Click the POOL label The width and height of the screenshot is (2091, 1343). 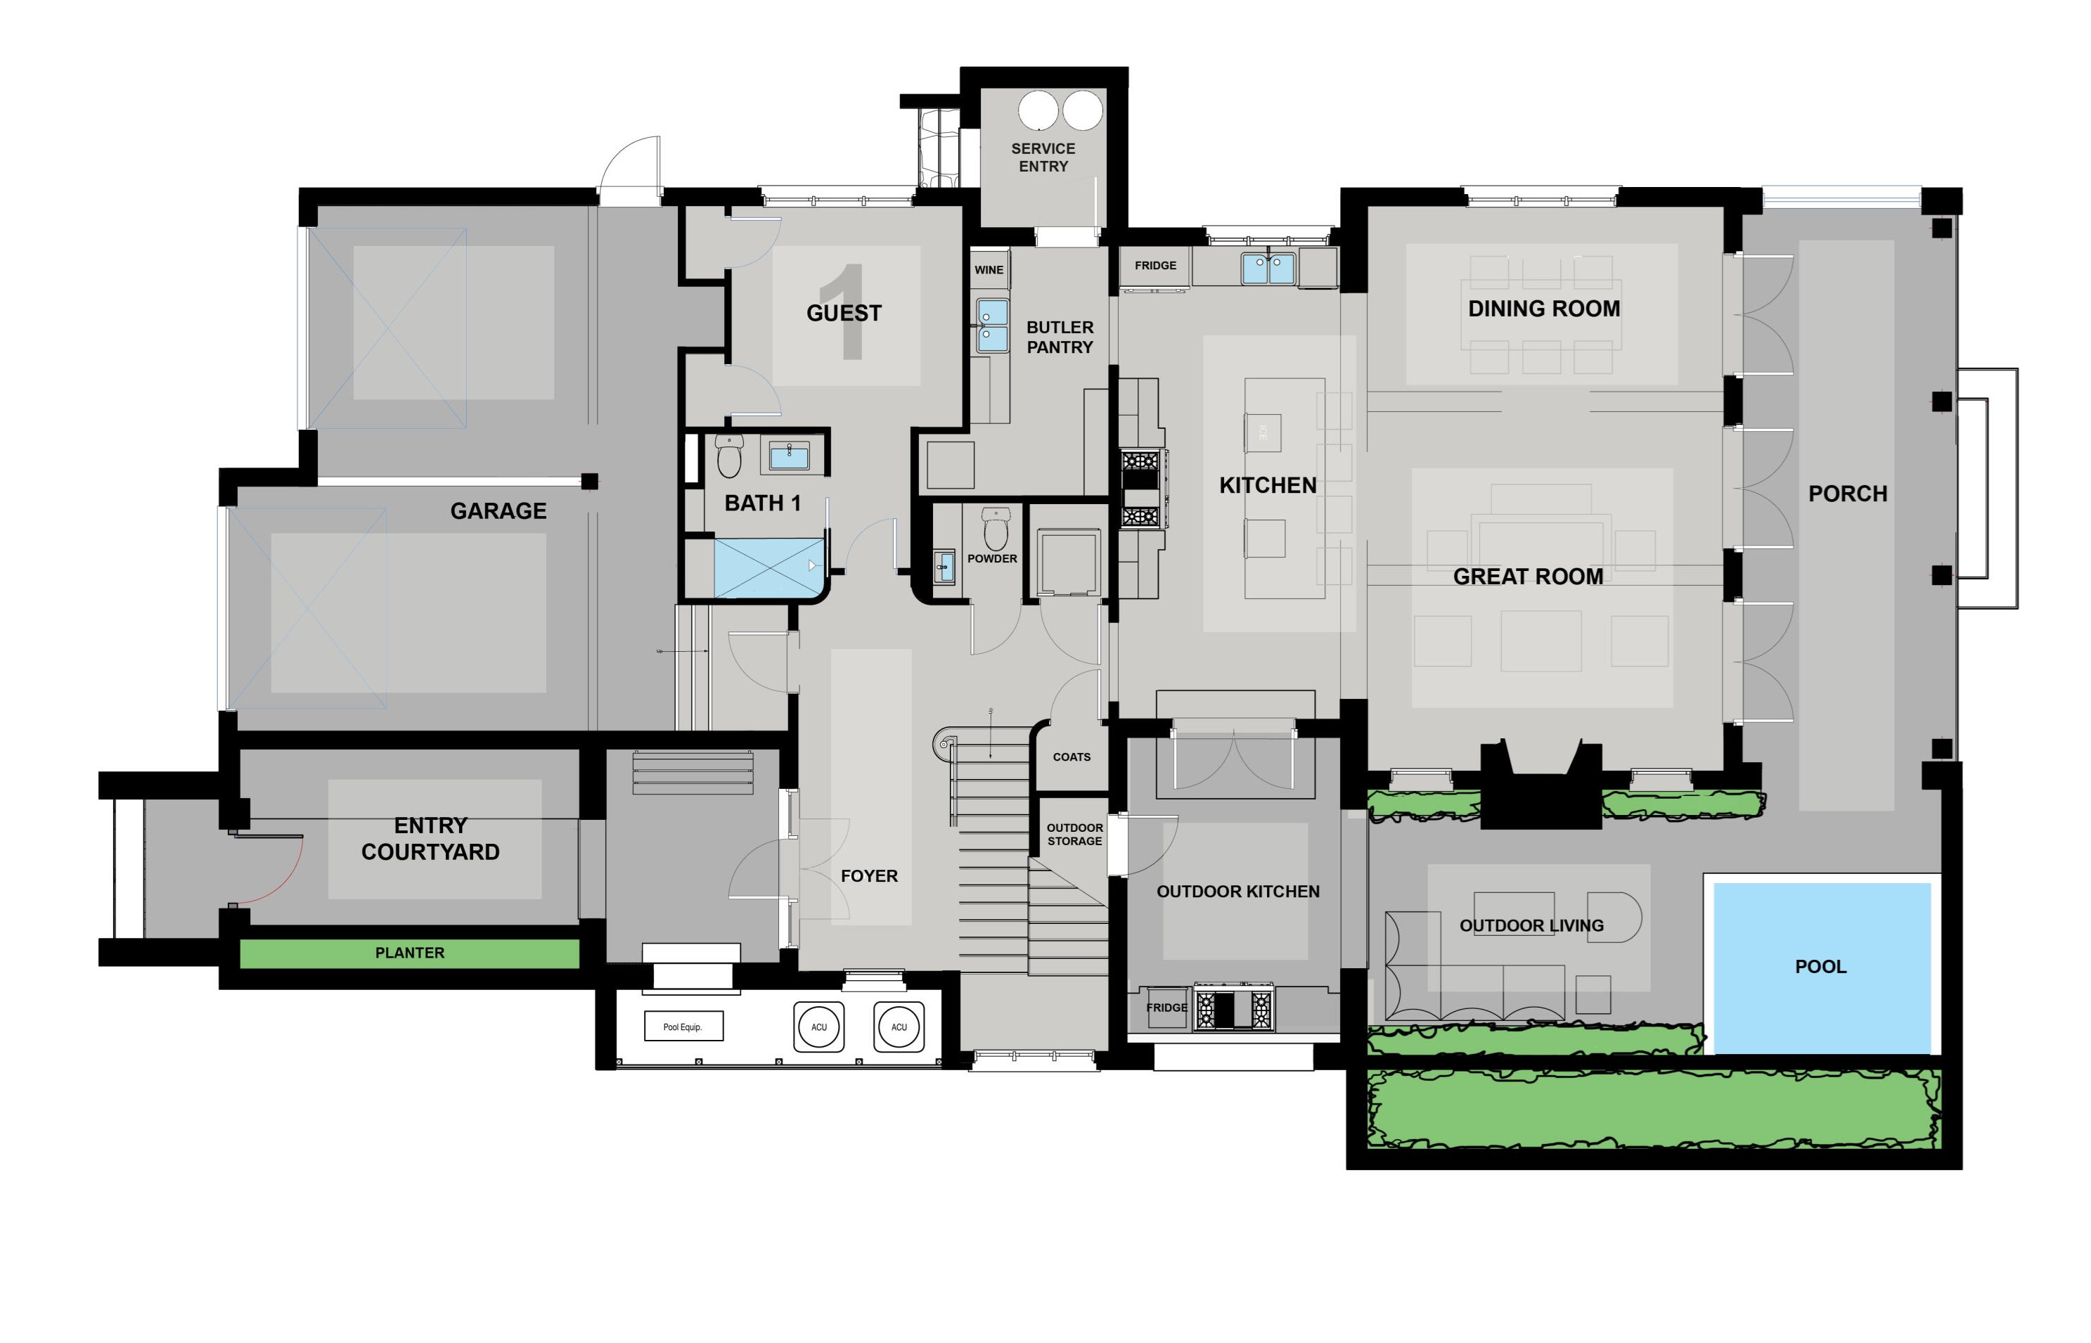pos(1820,966)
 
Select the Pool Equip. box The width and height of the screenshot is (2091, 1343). pos(683,1027)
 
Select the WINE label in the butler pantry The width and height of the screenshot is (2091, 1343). pos(988,270)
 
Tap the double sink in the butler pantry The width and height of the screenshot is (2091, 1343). pos(991,324)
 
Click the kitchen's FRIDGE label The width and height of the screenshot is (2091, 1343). pos(1154,265)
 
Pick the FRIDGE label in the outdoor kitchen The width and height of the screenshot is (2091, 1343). pos(1166,1007)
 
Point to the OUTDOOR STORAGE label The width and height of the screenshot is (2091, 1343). pos(1074,835)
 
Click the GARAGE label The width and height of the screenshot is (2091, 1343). pos(498,511)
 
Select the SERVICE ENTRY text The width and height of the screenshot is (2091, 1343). pos(1043,158)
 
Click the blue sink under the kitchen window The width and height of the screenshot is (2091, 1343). pos(1268,268)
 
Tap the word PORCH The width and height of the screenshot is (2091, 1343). pos(1847,494)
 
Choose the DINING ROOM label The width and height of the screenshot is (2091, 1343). pos(1543,309)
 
